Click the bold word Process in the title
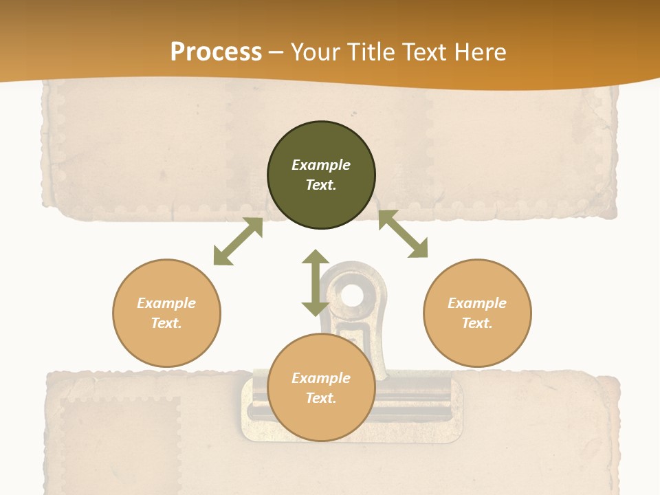point(216,52)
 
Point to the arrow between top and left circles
point(238,241)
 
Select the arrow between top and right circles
point(404,234)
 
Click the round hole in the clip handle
point(352,296)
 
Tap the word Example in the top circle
point(321,165)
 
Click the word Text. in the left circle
point(166,323)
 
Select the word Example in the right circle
point(477,303)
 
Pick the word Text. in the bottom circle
point(321,398)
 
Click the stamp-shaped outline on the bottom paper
point(120,440)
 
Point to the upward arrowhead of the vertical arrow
point(316,257)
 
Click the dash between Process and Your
point(276,53)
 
